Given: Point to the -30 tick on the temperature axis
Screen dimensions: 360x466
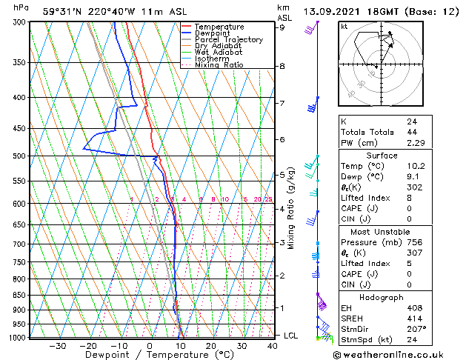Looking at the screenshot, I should pos(57,345).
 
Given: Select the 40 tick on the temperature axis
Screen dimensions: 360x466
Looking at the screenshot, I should pos(273,345).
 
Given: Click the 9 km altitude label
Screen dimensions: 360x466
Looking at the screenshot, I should pos(282,27).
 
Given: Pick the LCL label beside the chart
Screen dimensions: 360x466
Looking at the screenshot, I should pos(290,336).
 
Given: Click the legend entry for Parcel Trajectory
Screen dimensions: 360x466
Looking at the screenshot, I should pos(228,40).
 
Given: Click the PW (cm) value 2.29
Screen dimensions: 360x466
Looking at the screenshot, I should pos(414,143).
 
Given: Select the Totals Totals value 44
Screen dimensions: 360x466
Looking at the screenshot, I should pos(411,132).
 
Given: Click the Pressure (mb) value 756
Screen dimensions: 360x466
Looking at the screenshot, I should pos(413,242).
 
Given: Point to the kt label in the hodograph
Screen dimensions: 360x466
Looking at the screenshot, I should pos(344,26).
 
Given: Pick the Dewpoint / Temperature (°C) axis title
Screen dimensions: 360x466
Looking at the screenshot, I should pos(149,356).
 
